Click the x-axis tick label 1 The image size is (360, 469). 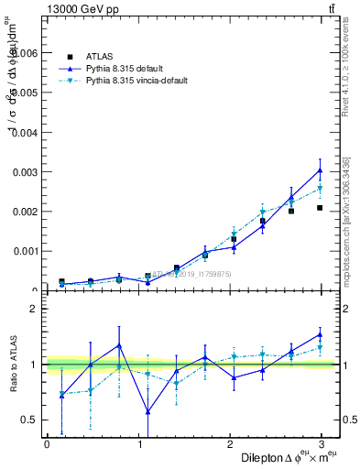point(138,443)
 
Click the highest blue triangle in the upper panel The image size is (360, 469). point(320,170)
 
